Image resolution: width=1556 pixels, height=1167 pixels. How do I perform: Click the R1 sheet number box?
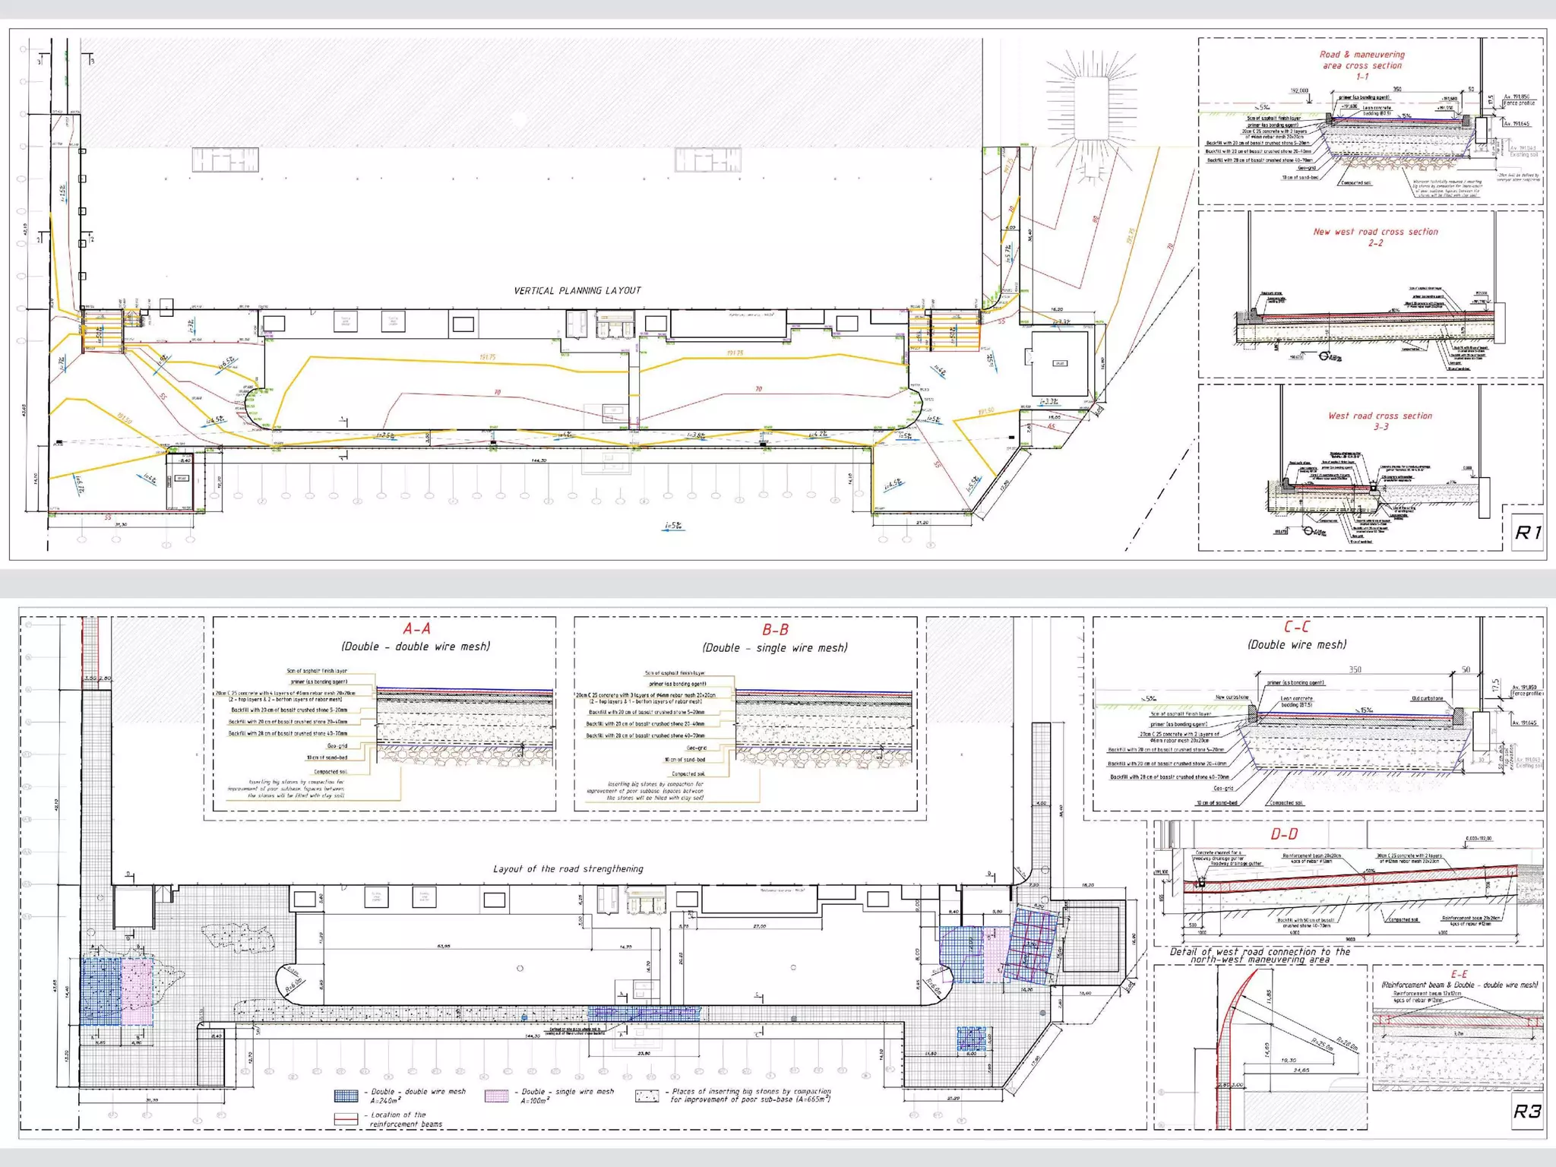(1527, 533)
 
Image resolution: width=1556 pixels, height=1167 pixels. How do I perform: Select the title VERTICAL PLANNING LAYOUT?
(577, 290)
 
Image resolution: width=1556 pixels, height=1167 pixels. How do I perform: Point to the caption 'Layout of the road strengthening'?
(568, 868)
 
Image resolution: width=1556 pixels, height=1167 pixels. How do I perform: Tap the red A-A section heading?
(416, 629)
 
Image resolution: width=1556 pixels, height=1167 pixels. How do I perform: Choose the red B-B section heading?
(775, 630)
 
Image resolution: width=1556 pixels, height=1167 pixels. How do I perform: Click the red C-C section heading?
(1296, 627)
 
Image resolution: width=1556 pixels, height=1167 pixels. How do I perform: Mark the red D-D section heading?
(1284, 834)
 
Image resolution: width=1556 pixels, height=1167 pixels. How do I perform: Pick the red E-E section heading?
(1459, 974)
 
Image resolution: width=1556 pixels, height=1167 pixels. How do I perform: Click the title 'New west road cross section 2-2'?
(1375, 237)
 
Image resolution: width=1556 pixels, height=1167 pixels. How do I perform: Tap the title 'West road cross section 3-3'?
(1380, 421)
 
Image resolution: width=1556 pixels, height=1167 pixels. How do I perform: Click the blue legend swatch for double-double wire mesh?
(346, 1096)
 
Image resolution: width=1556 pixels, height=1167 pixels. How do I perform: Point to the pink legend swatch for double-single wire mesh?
(496, 1096)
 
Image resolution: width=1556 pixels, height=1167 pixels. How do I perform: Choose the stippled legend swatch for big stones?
(647, 1096)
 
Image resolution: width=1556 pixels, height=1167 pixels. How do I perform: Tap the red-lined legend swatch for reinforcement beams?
(346, 1119)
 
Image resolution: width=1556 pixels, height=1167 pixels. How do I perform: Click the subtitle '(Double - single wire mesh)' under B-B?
(775, 648)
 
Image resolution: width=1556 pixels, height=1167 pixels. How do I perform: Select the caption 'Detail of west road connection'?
(1260, 955)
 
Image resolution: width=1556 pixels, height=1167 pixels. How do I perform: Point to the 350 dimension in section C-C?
(1355, 669)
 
